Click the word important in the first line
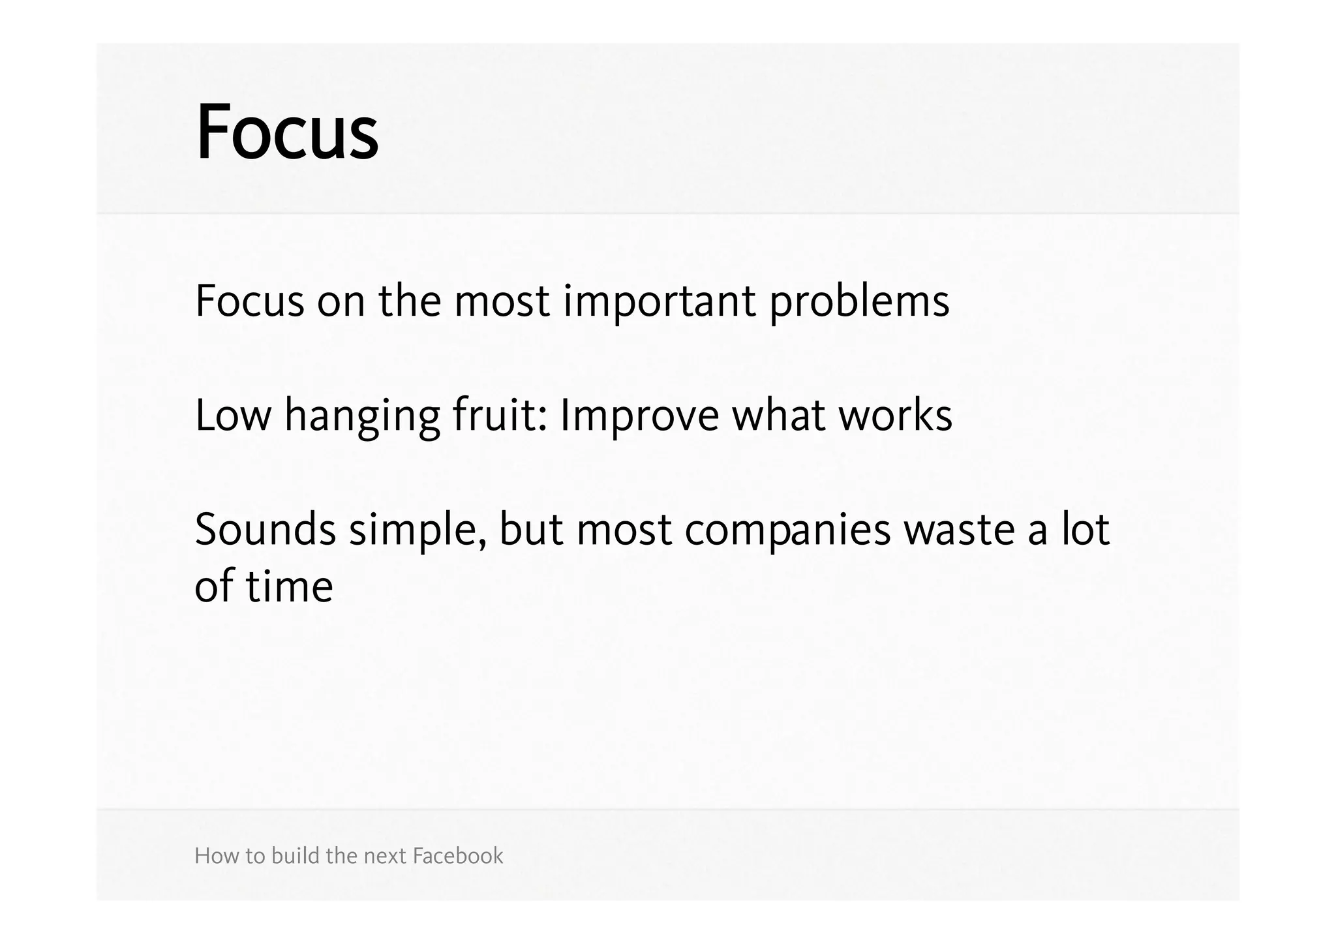[x=659, y=301]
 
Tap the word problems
[x=859, y=301]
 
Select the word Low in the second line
[x=232, y=416]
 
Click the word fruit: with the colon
[x=499, y=416]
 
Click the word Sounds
[x=265, y=530]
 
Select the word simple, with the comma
[x=417, y=530]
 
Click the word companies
[x=787, y=530]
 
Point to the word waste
[x=959, y=530]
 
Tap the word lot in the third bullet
[x=1085, y=530]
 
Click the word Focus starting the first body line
[x=249, y=301]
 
